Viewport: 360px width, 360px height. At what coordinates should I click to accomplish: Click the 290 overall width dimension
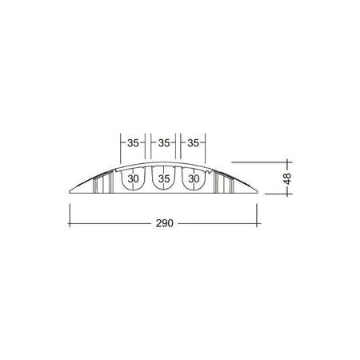tap(165, 223)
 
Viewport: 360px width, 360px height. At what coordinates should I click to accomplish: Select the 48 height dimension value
tap(287, 178)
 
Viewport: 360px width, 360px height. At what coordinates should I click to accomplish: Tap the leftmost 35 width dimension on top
tap(133, 143)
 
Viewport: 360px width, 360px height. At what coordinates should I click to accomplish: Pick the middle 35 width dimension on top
tap(164, 143)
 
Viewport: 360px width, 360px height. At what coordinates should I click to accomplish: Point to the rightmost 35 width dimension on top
tap(193, 143)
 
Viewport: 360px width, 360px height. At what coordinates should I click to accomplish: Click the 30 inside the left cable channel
tap(133, 178)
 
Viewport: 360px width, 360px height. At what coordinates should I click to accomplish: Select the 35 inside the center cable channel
tap(164, 178)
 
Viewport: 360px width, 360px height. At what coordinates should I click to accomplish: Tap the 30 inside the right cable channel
tap(194, 178)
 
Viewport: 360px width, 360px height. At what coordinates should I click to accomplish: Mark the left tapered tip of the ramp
tap(70, 191)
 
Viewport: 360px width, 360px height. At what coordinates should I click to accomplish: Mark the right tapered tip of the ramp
tap(258, 191)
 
